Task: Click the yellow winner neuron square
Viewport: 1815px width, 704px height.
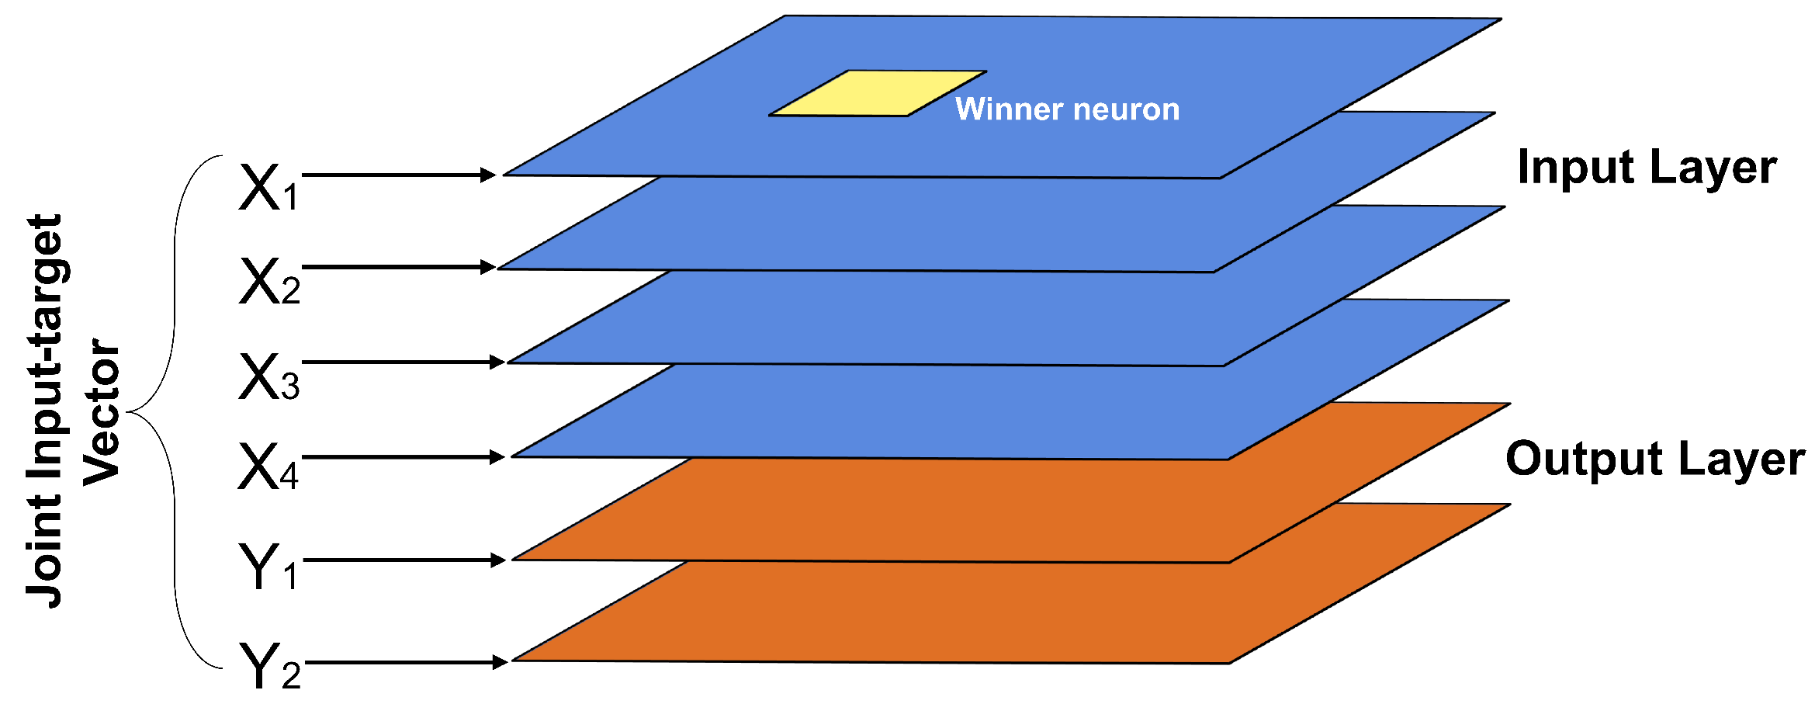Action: [x=878, y=94]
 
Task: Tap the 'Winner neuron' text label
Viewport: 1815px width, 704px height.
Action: [x=1067, y=109]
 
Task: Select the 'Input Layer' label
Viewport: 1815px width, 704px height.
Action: [x=1647, y=167]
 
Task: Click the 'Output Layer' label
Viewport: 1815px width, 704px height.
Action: [x=1654, y=459]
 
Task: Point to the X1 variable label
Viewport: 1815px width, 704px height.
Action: [x=268, y=188]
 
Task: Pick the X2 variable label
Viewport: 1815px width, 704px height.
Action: [x=268, y=281]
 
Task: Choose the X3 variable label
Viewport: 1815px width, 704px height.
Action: [x=268, y=377]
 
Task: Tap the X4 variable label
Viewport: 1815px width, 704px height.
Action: [x=268, y=466]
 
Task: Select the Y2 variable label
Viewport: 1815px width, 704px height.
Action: [x=268, y=666]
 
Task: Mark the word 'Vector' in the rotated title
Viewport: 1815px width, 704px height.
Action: [x=101, y=412]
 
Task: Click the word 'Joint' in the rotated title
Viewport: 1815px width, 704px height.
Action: [x=45, y=555]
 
